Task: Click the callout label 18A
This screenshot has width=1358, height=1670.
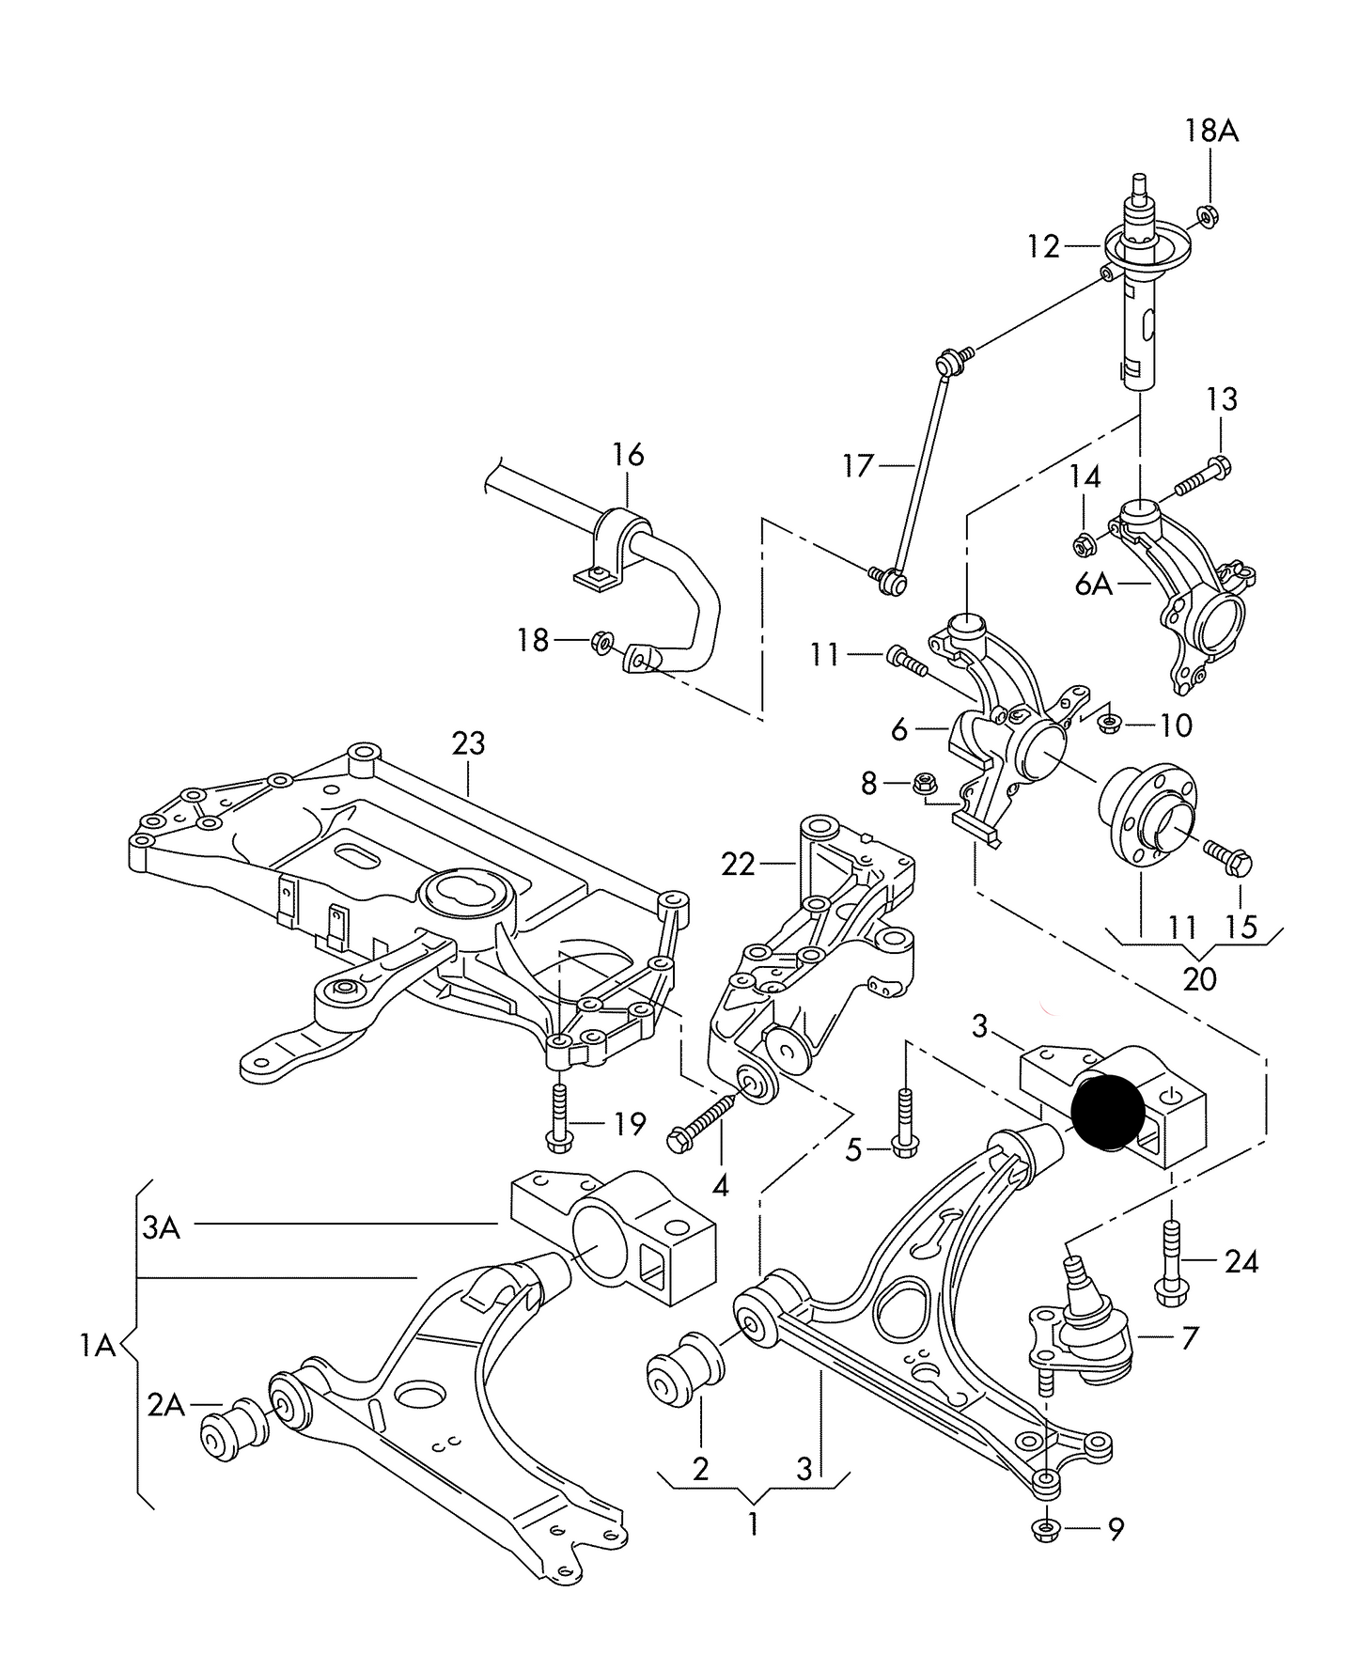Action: point(1210,132)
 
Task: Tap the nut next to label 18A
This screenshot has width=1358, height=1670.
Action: point(1210,217)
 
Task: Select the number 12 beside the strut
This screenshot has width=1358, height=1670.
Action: point(1043,247)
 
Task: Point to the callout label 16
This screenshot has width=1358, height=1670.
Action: point(628,455)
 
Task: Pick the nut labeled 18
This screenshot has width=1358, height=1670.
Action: point(601,642)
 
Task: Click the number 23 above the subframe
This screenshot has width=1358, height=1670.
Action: point(468,743)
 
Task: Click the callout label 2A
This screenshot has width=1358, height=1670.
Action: point(165,1405)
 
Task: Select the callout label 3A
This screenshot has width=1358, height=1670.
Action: point(161,1227)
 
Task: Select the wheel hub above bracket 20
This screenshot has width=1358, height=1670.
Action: point(1147,814)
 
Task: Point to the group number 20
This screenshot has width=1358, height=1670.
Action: point(1199,979)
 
